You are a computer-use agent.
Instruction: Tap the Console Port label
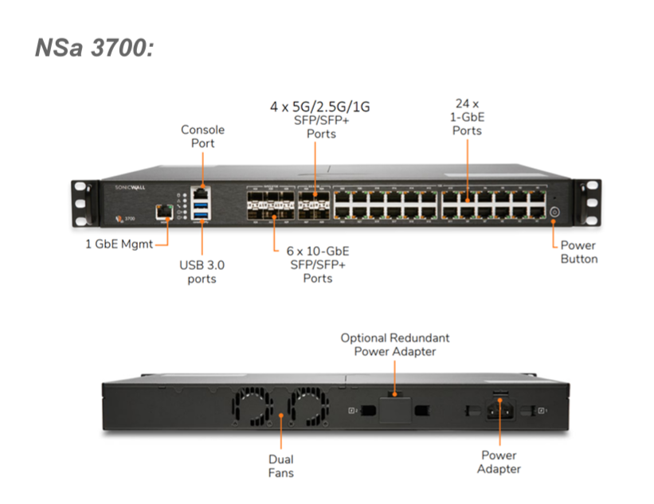tap(203, 136)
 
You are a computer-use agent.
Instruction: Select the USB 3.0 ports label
tap(202, 272)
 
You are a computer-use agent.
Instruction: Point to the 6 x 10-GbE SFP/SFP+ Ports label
tap(318, 264)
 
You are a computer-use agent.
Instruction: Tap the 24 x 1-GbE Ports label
tap(467, 116)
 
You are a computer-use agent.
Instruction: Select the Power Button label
tap(578, 252)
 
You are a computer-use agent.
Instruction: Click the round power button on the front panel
tap(554, 213)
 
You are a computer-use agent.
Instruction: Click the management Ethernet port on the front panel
tap(165, 211)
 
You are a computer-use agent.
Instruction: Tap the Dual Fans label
tap(280, 466)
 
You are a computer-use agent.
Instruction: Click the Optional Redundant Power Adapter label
tap(396, 344)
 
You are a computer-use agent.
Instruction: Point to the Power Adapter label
tap(499, 462)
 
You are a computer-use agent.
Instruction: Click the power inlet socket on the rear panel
tap(499, 412)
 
